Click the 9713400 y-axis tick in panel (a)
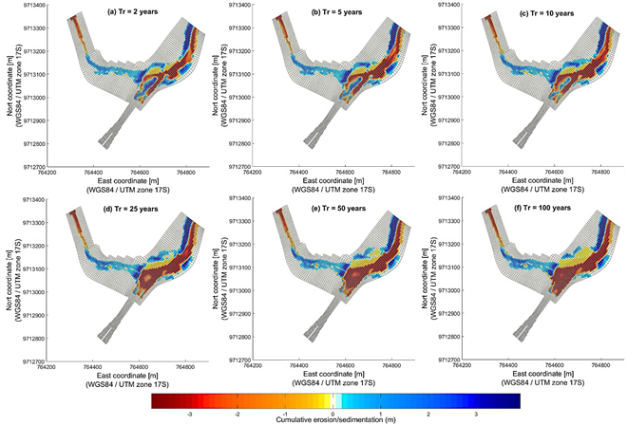tap(28, 5)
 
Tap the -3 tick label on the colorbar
tap(191, 414)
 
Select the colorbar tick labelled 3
tap(474, 414)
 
